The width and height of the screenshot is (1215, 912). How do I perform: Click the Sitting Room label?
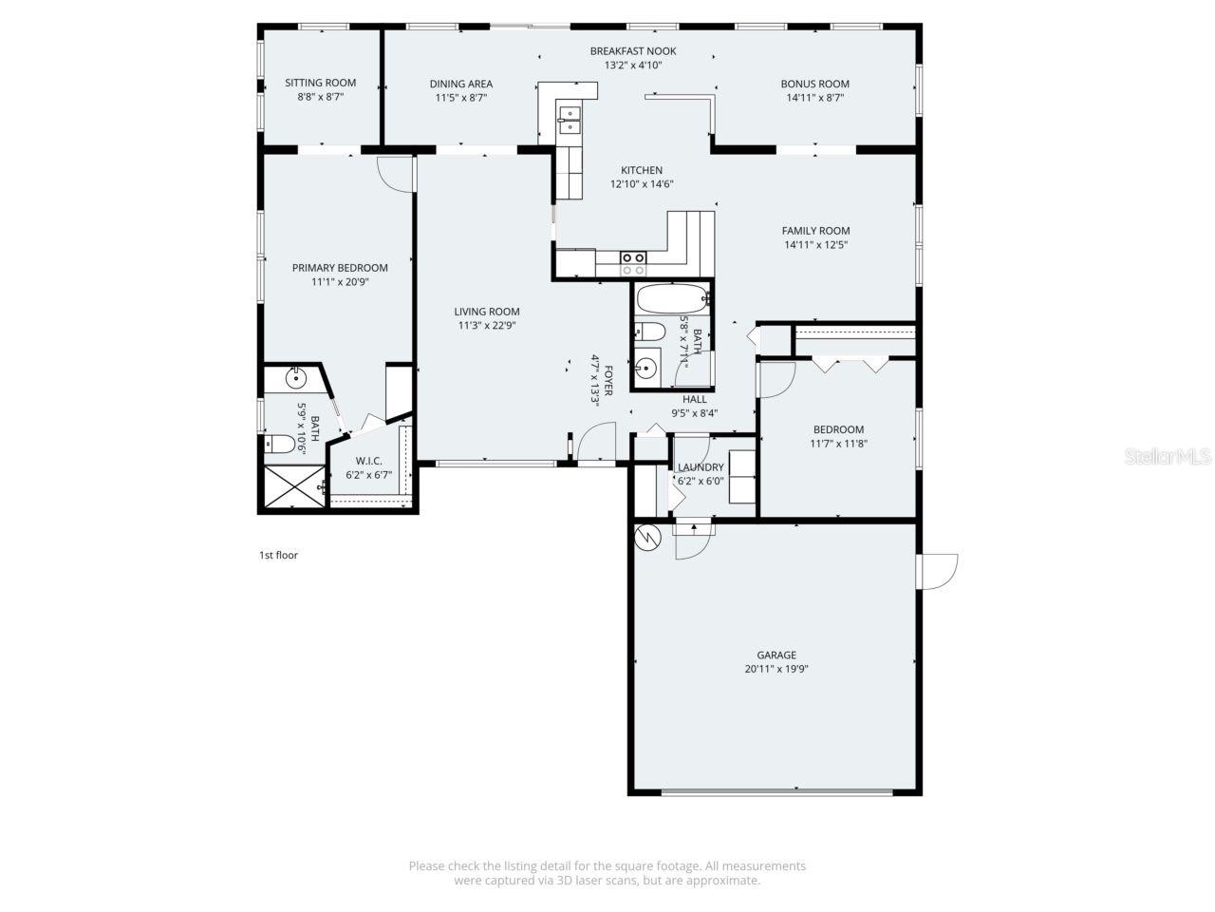coord(320,83)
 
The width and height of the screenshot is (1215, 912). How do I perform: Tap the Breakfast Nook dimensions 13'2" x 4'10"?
coord(632,66)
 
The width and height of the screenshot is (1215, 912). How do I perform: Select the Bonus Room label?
coord(814,84)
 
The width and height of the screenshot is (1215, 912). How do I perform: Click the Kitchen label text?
coord(642,170)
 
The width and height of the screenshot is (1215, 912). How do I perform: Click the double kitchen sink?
coord(570,120)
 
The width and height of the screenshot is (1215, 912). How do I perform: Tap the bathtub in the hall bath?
coord(672,300)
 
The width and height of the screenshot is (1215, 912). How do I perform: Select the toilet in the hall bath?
coord(650,332)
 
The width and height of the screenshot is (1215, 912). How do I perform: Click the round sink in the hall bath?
coord(647,368)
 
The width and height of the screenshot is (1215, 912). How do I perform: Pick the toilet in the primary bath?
coord(279,443)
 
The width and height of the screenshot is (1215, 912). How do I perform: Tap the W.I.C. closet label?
coord(368,461)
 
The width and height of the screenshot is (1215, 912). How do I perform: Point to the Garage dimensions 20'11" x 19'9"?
coord(776,669)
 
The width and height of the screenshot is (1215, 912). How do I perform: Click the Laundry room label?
coord(701,467)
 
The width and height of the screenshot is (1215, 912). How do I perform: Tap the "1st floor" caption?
coord(278,555)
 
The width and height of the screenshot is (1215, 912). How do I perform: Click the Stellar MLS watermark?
coord(1167,457)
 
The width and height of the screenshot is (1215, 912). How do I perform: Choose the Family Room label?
coord(815,231)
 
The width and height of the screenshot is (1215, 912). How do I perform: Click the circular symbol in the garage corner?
coord(647,537)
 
